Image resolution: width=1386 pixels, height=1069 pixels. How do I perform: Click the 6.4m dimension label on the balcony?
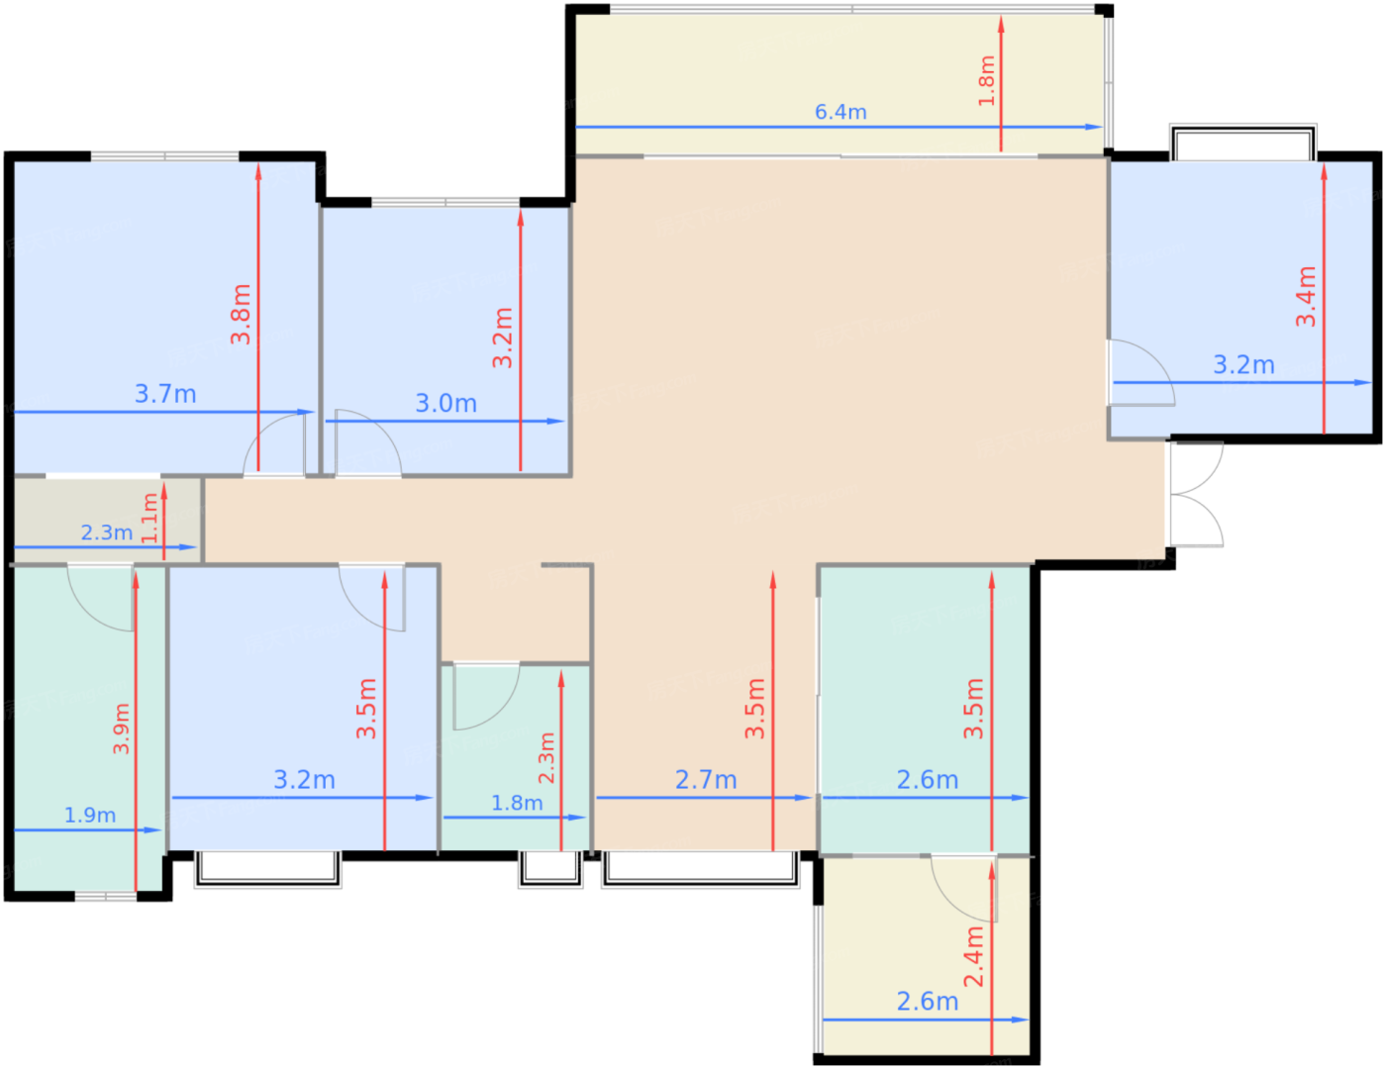(841, 112)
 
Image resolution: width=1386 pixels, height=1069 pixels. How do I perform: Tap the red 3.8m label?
(241, 314)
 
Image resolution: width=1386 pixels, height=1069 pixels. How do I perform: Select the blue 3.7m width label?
(165, 394)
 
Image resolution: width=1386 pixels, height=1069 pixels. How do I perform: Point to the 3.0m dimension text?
(445, 404)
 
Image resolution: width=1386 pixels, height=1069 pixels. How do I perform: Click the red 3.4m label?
(1306, 296)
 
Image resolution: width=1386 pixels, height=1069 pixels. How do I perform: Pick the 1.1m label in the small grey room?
(149, 518)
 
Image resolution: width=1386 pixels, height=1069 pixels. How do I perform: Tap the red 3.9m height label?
(121, 729)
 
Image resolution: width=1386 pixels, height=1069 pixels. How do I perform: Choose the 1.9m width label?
(90, 815)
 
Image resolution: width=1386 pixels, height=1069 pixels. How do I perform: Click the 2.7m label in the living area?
(706, 780)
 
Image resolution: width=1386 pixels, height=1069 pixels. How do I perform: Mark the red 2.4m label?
(974, 956)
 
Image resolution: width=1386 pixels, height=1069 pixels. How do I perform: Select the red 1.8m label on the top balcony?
(986, 80)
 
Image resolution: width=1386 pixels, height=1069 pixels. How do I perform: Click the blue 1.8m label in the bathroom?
(517, 803)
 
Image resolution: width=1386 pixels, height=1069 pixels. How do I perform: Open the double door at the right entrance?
(1195, 494)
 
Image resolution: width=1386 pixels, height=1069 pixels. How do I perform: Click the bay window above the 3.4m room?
(1242, 143)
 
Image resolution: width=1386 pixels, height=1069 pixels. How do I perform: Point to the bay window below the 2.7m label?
(700, 868)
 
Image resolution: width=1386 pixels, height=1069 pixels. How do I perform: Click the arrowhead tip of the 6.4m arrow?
(1100, 127)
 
